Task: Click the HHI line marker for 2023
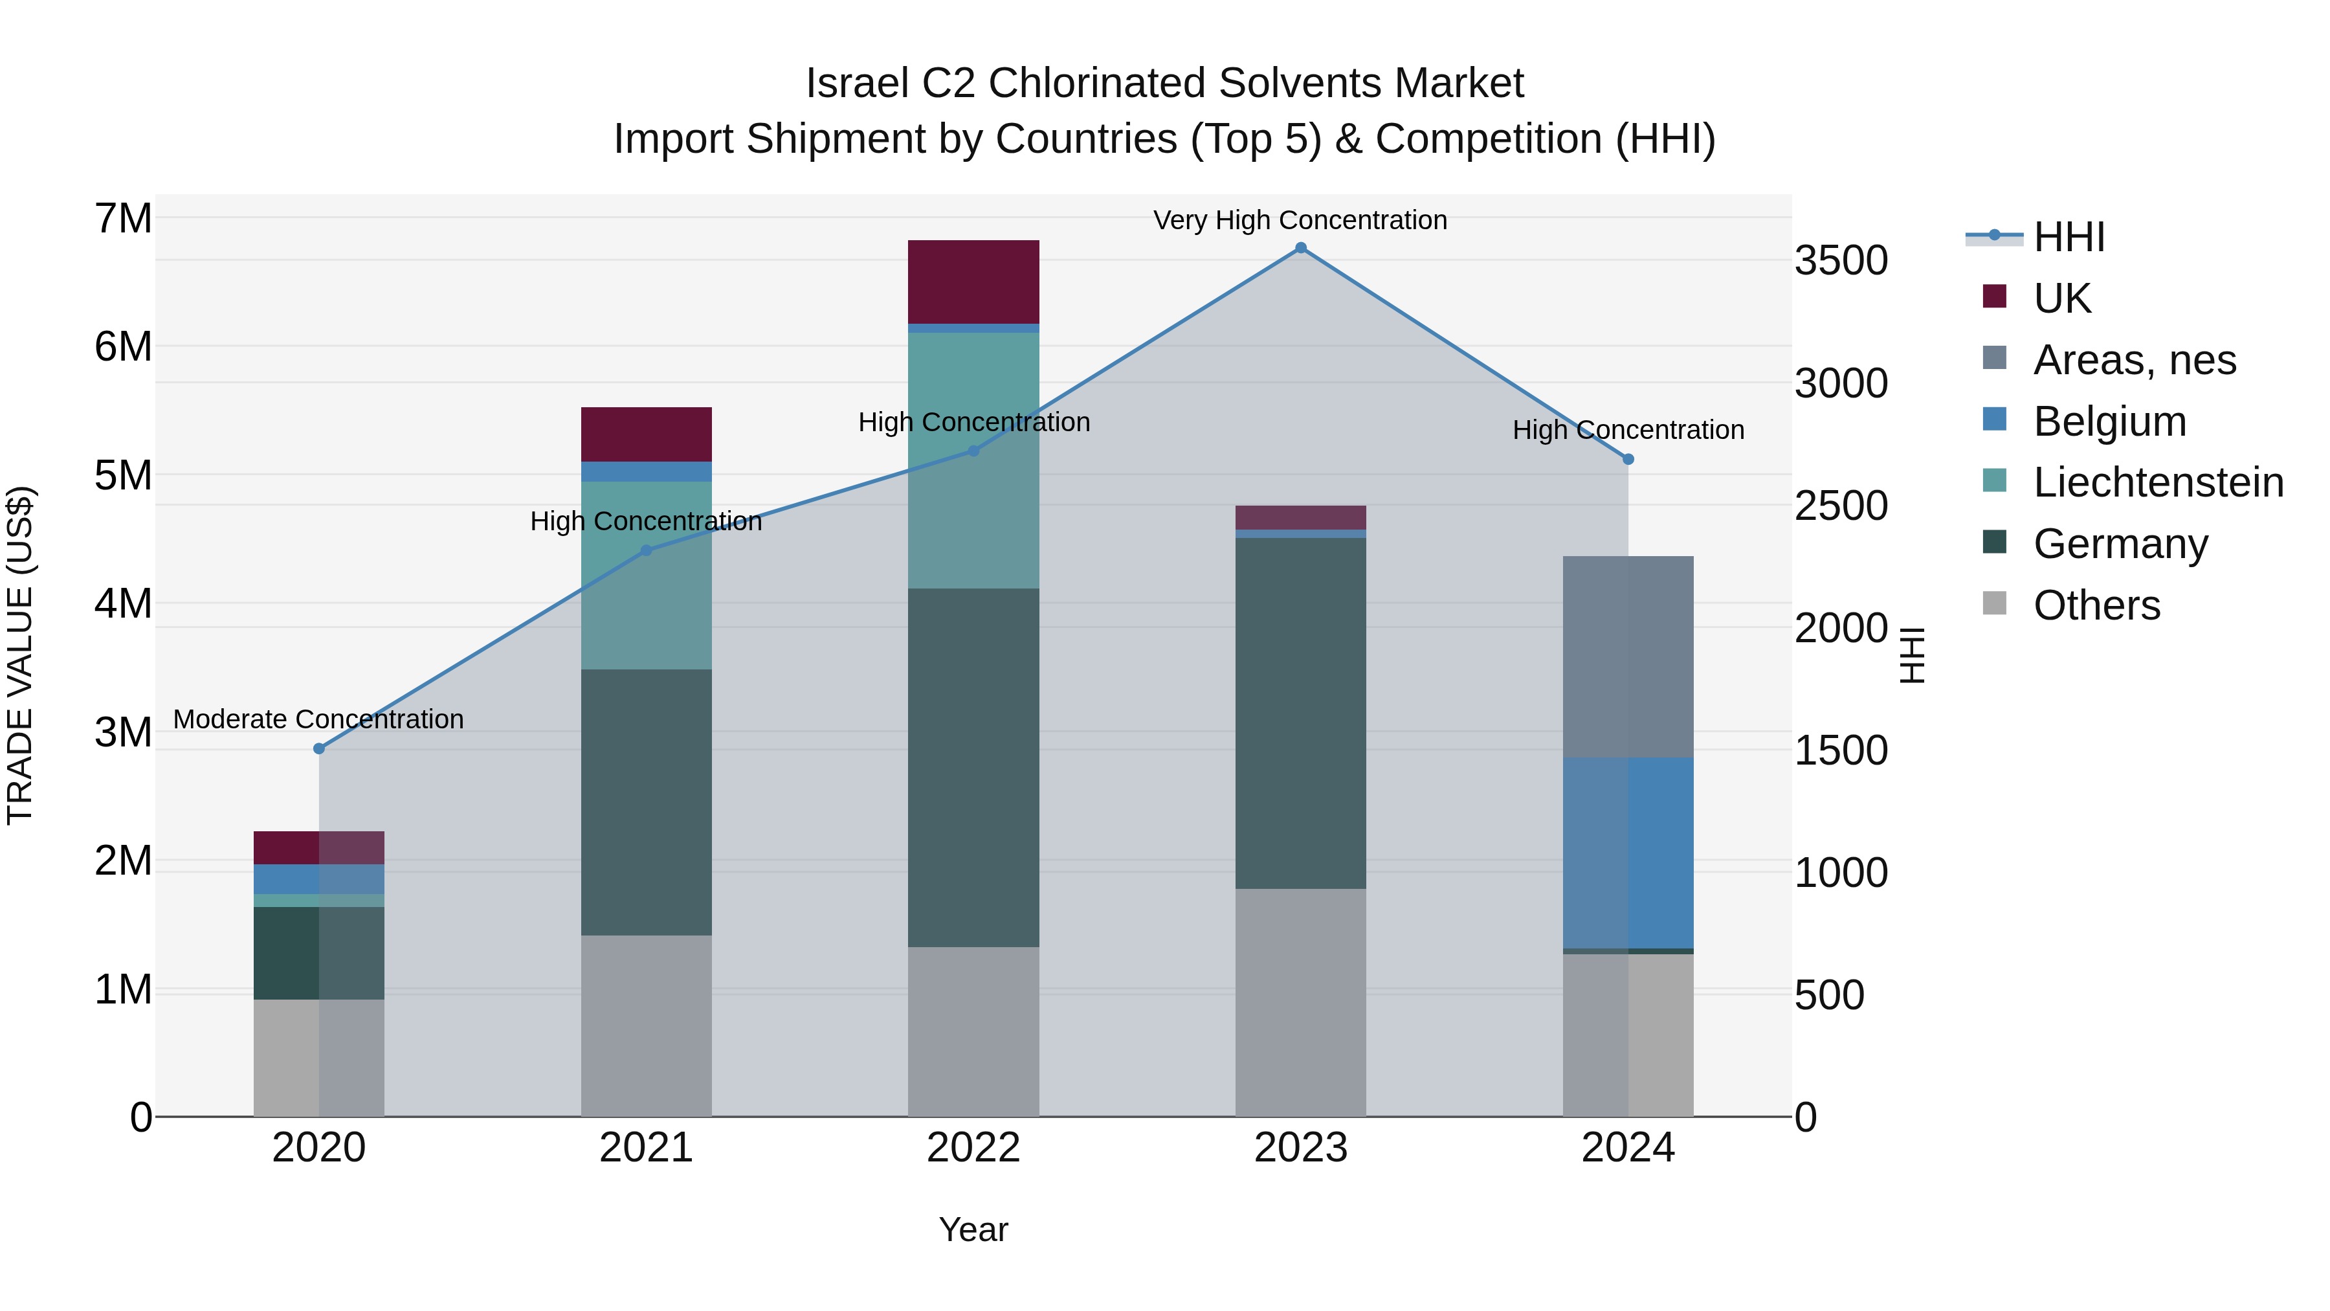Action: [x=1301, y=248]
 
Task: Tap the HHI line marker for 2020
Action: [x=319, y=748]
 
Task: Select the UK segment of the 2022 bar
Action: [x=973, y=282]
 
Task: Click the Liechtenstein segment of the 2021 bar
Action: [x=646, y=576]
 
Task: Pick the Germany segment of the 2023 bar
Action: [x=1301, y=713]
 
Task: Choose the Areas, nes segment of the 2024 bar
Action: [x=1628, y=657]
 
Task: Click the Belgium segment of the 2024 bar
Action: [x=1628, y=852]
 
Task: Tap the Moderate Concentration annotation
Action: [x=318, y=719]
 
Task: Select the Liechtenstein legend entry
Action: [x=2158, y=482]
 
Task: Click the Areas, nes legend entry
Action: [x=2134, y=360]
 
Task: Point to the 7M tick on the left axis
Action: [x=123, y=218]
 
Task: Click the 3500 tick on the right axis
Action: [x=1841, y=260]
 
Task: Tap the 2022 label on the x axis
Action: [x=973, y=1148]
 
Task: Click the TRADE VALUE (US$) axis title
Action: [x=20, y=655]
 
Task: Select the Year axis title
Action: [x=973, y=1229]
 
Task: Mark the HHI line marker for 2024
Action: [x=1628, y=459]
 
